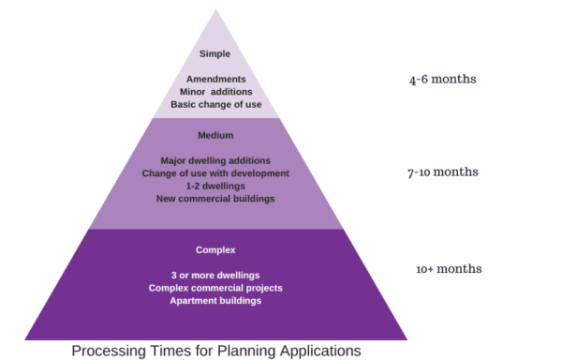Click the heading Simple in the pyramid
tap(214, 54)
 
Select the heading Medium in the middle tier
tap(215, 136)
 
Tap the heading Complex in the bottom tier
tap(214, 250)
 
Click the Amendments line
tap(214, 79)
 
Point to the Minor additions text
tap(215, 92)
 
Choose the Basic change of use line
tap(215, 104)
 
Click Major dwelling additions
tap(215, 161)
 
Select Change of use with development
tap(215, 173)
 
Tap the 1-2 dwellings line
tap(215, 186)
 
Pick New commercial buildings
tap(215, 199)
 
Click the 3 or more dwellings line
tap(214, 275)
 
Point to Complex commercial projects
tap(215, 288)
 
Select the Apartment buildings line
tap(215, 301)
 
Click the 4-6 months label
tap(442, 80)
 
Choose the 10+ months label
tap(449, 269)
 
